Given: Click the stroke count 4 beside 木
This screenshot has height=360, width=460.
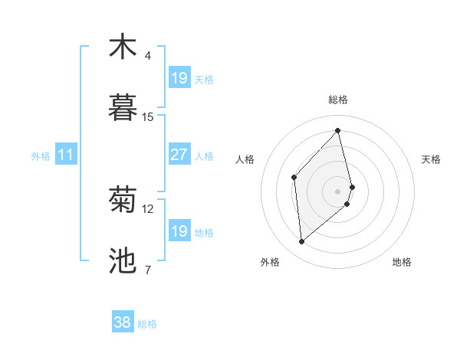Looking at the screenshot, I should click(148, 56).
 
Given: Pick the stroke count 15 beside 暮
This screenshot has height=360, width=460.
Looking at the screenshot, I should click(148, 117).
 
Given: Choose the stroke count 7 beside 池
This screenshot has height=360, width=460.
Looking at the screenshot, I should click(148, 270).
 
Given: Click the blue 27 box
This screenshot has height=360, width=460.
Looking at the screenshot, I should click(179, 155).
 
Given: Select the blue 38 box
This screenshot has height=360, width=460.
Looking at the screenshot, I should click(123, 323).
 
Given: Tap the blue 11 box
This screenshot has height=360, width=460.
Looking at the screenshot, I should click(66, 155).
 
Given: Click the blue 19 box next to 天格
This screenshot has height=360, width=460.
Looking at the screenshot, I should click(179, 78).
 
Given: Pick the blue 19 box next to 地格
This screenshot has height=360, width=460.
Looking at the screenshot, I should click(179, 231).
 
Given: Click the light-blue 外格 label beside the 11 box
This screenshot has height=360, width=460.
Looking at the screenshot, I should click(41, 156).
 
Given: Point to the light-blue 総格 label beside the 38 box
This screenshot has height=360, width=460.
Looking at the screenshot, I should click(147, 324).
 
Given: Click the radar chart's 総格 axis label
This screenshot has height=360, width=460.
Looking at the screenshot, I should click(338, 100).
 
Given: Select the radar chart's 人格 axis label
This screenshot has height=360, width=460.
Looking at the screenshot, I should click(245, 159).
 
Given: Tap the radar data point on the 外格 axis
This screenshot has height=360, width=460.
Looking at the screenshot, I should click(302, 242).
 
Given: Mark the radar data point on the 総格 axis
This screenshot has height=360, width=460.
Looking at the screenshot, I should click(338, 131).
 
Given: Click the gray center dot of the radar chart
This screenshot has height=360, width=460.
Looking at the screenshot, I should click(338, 190).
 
